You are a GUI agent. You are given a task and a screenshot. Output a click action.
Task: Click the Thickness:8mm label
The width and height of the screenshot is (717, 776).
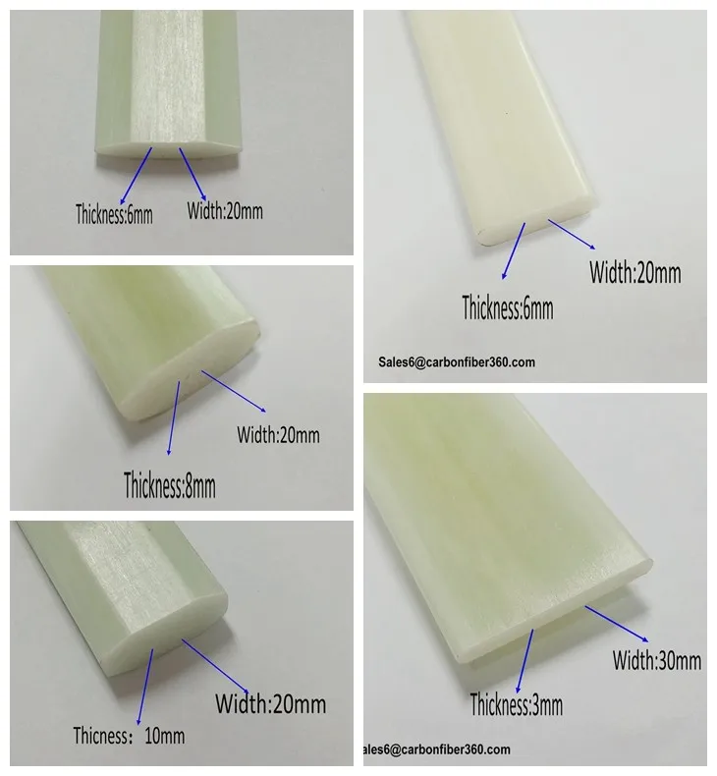click(169, 483)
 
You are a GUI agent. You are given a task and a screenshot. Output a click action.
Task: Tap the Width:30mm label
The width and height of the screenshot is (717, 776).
click(657, 659)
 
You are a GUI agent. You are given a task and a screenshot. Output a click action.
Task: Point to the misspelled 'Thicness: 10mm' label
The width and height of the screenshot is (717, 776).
click(129, 735)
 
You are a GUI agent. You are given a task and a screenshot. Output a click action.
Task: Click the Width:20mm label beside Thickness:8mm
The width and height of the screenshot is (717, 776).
click(278, 433)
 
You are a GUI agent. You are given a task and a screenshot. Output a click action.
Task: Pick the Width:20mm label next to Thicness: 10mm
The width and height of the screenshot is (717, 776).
click(270, 703)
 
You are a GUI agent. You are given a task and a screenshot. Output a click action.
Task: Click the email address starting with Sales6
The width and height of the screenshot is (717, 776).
click(457, 361)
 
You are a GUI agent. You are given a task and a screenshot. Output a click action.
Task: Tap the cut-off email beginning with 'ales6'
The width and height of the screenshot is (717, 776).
click(438, 748)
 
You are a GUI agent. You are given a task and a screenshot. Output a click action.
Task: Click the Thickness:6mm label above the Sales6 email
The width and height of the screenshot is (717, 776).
click(508, 307)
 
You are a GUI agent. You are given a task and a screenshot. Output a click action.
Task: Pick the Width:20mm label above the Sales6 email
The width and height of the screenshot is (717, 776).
click(634, 272)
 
